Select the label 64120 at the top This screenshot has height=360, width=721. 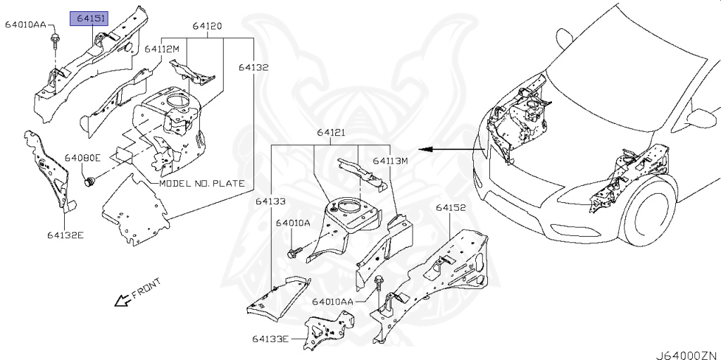(208, 26)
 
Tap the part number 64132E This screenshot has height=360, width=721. (65, 235)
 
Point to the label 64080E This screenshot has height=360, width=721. (83, 158)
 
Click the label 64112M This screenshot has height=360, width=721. (163, 49)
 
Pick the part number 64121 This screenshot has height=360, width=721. (331, 132)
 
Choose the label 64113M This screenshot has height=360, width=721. (391, 161)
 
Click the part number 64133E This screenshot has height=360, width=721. (270, 339)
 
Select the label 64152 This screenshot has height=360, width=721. (451, 208)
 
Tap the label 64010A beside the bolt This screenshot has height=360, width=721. (293, 223)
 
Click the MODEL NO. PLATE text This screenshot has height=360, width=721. (202, 183)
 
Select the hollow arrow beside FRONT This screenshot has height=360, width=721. (122, 301)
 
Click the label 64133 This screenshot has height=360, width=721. (270, 201)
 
